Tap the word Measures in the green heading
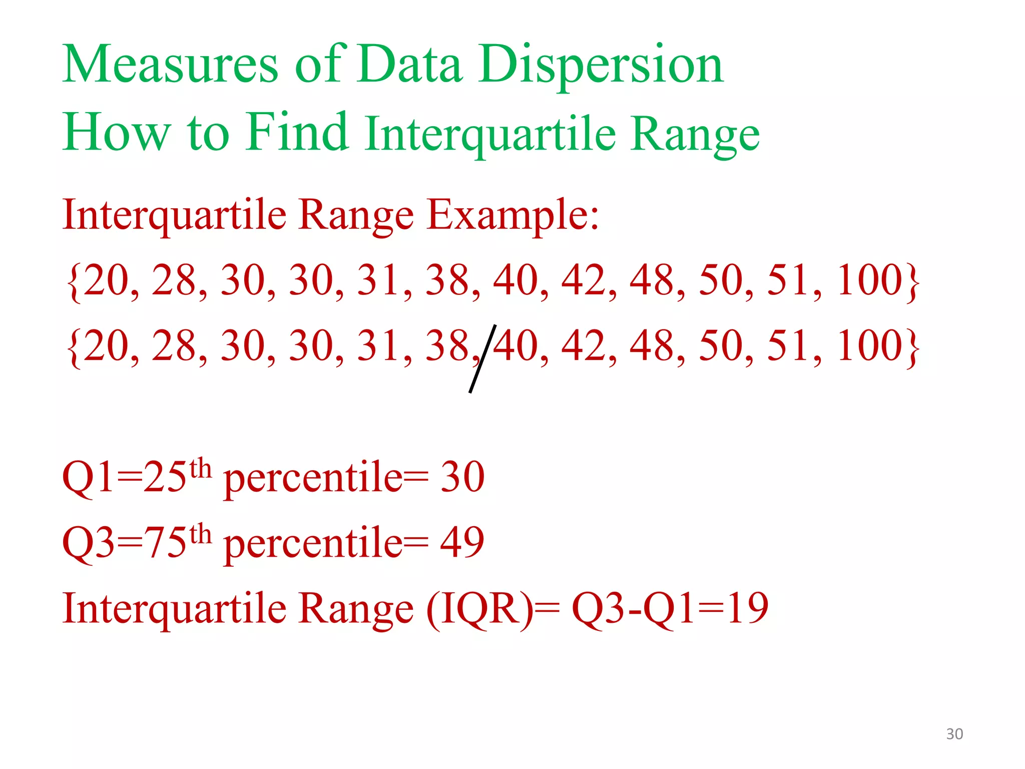[x=170, y=65]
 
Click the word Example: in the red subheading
[x=512, y=215]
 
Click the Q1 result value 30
[x=462, y=477]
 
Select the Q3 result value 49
[x=462, y=543]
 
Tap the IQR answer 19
[x=748, y=608]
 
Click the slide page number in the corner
[x=954, y=734]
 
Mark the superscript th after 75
[x=201, y=534]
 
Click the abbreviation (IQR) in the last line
[x=479, y=609]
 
